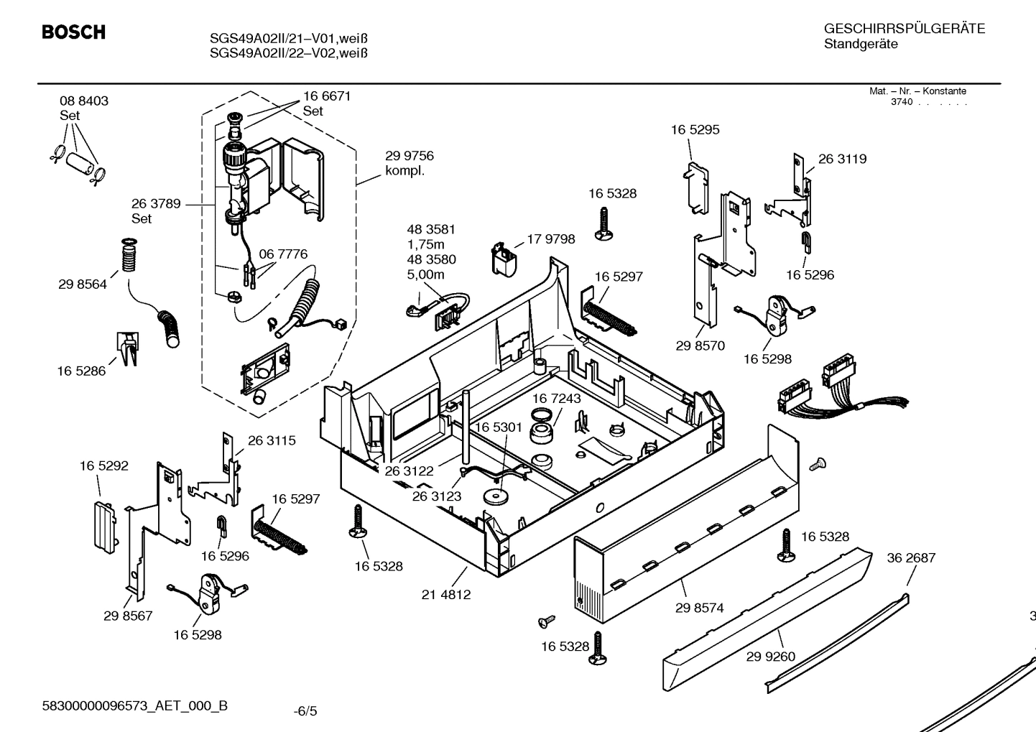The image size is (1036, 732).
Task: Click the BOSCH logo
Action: (x=73, y=32)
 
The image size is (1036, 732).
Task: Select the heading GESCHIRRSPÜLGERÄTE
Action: (x=904, y=29)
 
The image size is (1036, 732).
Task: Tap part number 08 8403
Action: (x=84, y=101)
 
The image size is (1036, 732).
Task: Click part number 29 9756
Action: (x=409, y=156)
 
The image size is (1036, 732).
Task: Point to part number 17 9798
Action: (x=551, y=239)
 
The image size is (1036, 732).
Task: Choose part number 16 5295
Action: (x=695, y=130)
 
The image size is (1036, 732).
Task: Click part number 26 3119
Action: (x=842, y=159)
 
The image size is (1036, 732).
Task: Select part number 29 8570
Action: (x=700, y=346)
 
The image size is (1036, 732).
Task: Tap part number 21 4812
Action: (x=446, y=594)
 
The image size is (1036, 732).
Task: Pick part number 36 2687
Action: (x=911, y=557)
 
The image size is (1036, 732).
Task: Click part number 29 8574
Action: (x=699, y=608)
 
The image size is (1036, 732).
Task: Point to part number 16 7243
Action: (x=556, y=398)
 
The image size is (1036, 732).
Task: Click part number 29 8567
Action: (x=128, y=616)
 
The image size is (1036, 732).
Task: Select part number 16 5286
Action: (x=81, y=371)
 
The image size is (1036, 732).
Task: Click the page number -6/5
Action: (x=305, y=711)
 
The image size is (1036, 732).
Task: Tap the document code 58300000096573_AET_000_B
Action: (x=135, y=705)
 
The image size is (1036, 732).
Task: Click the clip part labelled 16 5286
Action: (x=127, y=349)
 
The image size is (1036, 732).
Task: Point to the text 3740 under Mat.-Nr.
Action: (x=901, y=102)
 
